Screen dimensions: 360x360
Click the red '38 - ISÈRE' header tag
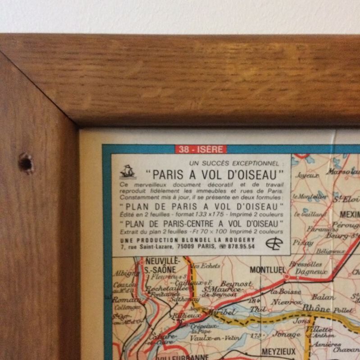click(201, 149)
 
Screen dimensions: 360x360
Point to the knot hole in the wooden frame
click(26, 163)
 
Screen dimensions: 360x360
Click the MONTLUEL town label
click(268, 270)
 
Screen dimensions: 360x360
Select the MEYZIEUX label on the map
click(279, 351)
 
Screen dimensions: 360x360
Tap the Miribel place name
click(221, 311)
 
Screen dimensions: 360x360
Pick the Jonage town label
click(287, 335)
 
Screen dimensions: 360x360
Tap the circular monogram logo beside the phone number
click(274, 243)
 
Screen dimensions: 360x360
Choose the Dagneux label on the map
click(311, 272)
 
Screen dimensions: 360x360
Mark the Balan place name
click(323, 297)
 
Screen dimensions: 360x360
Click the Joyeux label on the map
click(307, 175)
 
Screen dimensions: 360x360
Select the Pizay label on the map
click(303, 243)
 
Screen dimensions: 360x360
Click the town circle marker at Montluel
click(287, 276)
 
